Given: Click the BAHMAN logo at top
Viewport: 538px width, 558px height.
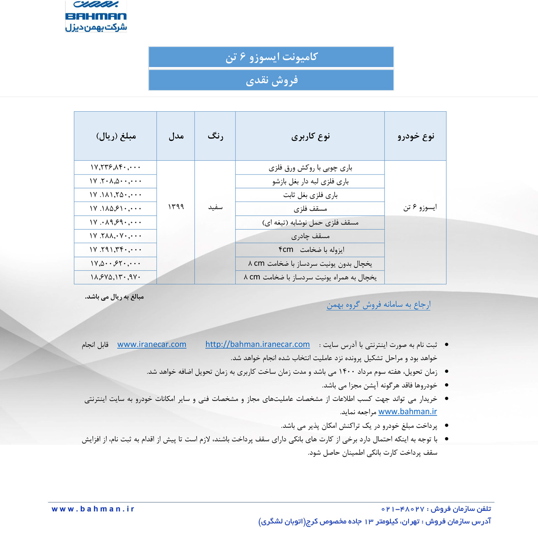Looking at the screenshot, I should (x=96, y=16).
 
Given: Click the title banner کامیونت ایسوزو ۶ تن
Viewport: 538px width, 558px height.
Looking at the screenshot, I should (x=271, y=57).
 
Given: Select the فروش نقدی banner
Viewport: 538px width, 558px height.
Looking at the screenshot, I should (x=271, y=80).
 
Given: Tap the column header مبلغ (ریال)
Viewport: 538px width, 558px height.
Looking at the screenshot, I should (x=116, y=136).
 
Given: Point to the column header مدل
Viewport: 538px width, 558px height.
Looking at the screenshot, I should (x=176, y=136).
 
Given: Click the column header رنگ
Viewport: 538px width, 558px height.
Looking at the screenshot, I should (x=215, y=136).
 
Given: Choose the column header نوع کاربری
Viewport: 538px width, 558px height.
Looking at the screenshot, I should (x=310, y=136).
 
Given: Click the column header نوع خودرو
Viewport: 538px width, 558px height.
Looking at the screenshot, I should (x=416, y=136).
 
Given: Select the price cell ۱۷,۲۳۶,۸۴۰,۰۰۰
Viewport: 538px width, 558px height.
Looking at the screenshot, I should (x=116, y=168).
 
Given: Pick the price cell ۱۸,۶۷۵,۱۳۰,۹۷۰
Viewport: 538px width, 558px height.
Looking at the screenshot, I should (x=116, y=277).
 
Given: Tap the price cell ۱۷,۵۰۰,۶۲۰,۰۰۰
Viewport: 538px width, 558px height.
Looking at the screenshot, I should (x=116, y=264).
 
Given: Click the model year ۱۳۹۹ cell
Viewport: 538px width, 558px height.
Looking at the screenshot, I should (x=176, y=207).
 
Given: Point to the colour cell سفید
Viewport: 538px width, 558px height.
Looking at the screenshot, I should (x=215, y=207).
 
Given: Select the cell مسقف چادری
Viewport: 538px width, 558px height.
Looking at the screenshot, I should (x=310, y=236).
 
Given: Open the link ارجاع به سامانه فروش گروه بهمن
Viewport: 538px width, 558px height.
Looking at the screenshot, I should (x=378, y=305).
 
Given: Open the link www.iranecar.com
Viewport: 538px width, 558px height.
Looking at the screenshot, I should (x=152, y=344).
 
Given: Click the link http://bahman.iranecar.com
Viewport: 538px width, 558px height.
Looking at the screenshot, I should (x=257, y=344).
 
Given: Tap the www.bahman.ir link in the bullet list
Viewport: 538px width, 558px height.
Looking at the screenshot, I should (x=407, y=412).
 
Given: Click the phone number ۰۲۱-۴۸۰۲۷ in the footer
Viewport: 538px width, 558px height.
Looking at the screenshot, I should (x=403, y=509).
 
